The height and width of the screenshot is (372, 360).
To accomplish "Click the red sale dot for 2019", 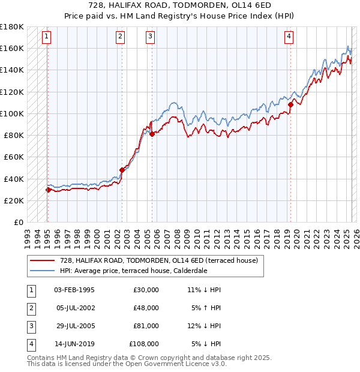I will click(290, 104).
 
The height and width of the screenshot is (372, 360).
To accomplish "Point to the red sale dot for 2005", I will click(152, 134).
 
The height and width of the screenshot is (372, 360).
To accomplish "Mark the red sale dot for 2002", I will click(122, 170).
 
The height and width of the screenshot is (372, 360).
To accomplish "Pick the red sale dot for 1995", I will click(48, 190).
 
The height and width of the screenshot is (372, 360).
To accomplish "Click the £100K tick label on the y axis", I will click(12, 113).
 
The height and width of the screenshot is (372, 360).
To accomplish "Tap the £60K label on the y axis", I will click(14, 157).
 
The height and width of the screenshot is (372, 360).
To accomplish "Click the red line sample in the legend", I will click(42, 260).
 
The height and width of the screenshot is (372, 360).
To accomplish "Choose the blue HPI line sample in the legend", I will click(42, 271).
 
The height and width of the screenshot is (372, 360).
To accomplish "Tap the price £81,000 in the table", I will click(146, 326).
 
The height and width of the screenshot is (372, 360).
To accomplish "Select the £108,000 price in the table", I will click(144, 344).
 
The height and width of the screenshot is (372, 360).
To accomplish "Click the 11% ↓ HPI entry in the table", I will click(205, 290).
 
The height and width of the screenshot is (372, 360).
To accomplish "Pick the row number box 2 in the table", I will click(31, 308).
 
